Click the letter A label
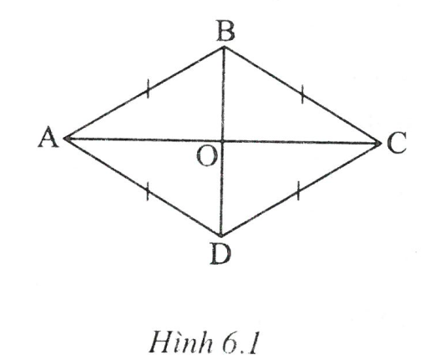48,137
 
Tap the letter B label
226,31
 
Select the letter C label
397,143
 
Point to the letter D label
220,254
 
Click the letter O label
207,157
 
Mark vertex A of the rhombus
65,138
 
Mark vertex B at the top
224,48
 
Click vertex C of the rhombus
380,144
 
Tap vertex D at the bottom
221,236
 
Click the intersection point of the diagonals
223,141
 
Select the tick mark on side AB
148,89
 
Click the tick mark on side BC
302,94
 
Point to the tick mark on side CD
298,191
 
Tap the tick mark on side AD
147,191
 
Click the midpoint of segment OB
223,94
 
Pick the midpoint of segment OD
222,188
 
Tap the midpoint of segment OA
144,139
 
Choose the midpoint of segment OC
301,142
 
